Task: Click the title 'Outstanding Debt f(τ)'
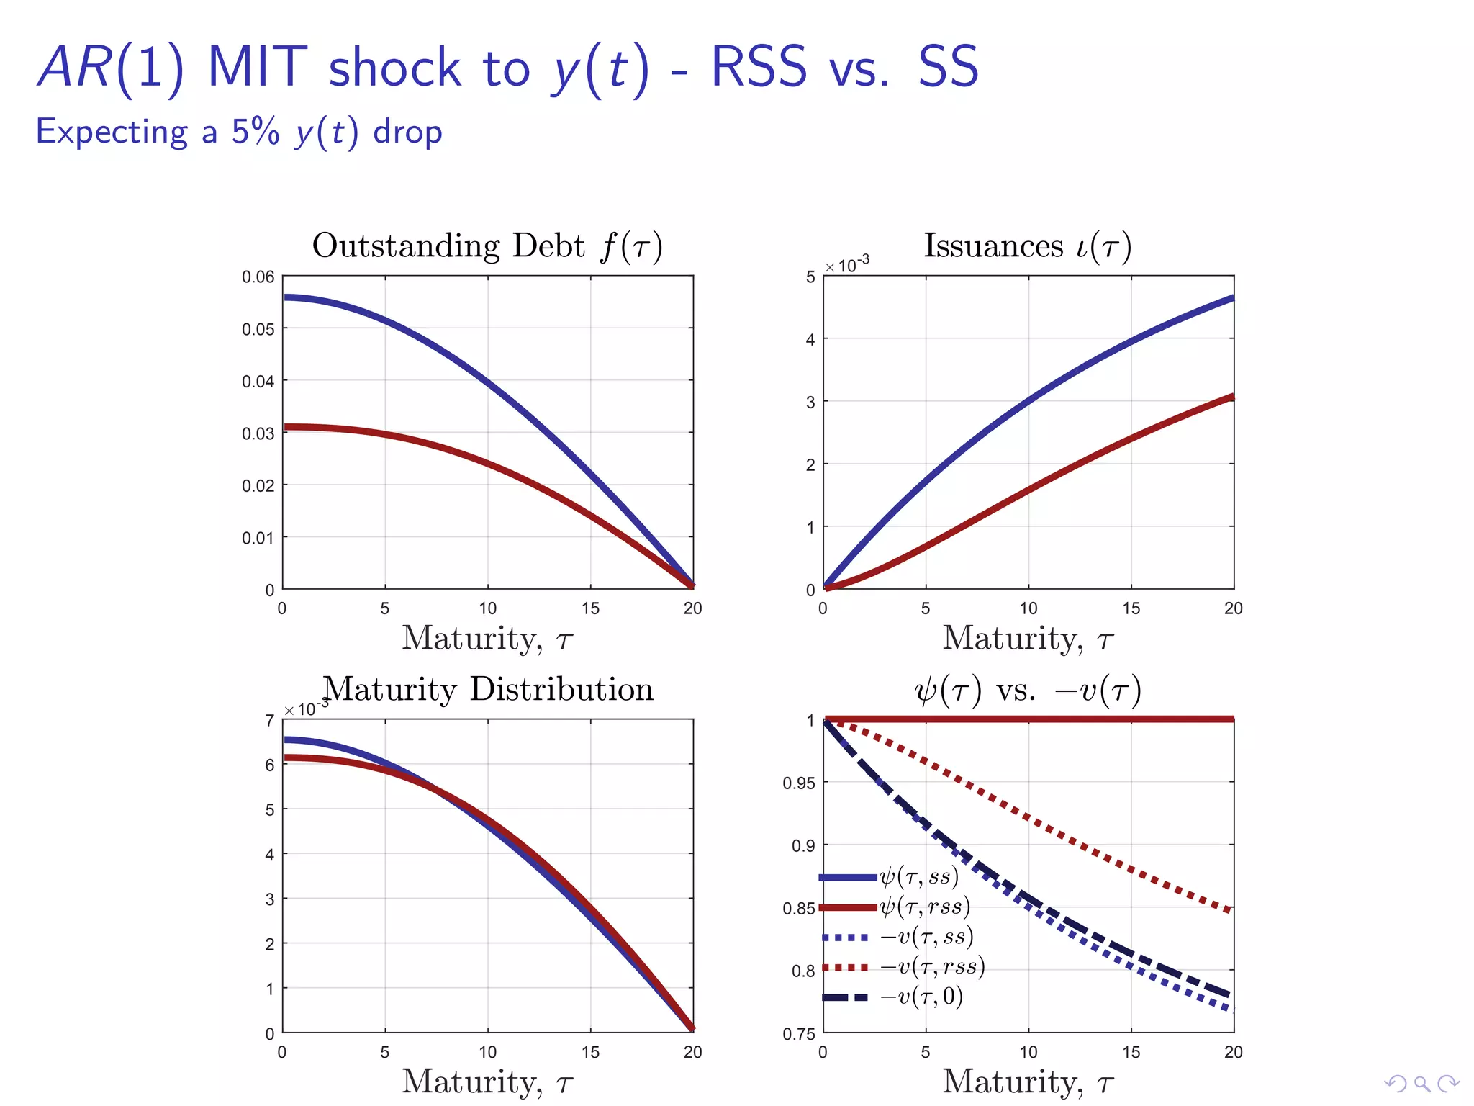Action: (487, 246)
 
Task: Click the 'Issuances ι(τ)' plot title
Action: (1028, 246)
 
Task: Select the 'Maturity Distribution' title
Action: (488, 689)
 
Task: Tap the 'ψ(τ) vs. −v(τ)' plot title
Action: (1028, 690)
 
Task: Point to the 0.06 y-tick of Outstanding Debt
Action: (258, 277)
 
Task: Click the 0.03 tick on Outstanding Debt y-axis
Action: (258, 433)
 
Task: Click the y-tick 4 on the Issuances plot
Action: (810, 340)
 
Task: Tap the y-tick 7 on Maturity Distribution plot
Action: (269, 721)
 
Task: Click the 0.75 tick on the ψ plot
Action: (798, 1034)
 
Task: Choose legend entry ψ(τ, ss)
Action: (919, 877)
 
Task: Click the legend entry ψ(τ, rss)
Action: (924, 907)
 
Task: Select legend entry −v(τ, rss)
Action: (932, 966)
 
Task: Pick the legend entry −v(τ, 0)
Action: (921, 997)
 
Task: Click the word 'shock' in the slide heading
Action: (394, 68)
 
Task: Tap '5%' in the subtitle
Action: (255, 132)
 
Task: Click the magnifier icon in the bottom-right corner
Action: (1421, 1083)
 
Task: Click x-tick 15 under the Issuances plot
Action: (1131, 608)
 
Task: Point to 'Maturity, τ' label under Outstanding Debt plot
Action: (487, 639)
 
